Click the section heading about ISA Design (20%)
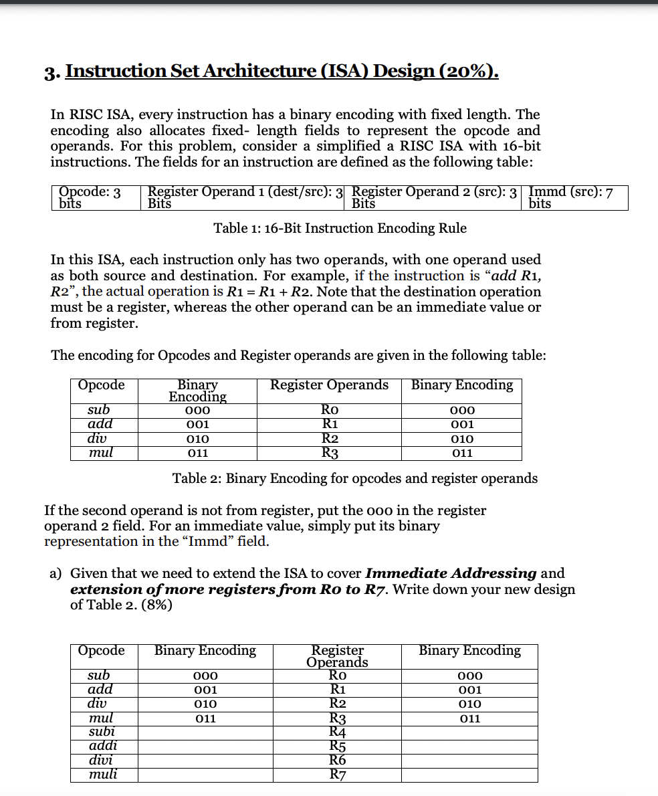282,71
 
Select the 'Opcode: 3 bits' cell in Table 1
94,198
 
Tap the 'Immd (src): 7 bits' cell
573,198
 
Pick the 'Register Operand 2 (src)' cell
434,198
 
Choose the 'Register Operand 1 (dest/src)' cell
244,198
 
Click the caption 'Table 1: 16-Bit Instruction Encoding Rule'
340,228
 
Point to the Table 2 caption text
354,478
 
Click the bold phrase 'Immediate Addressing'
451,573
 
